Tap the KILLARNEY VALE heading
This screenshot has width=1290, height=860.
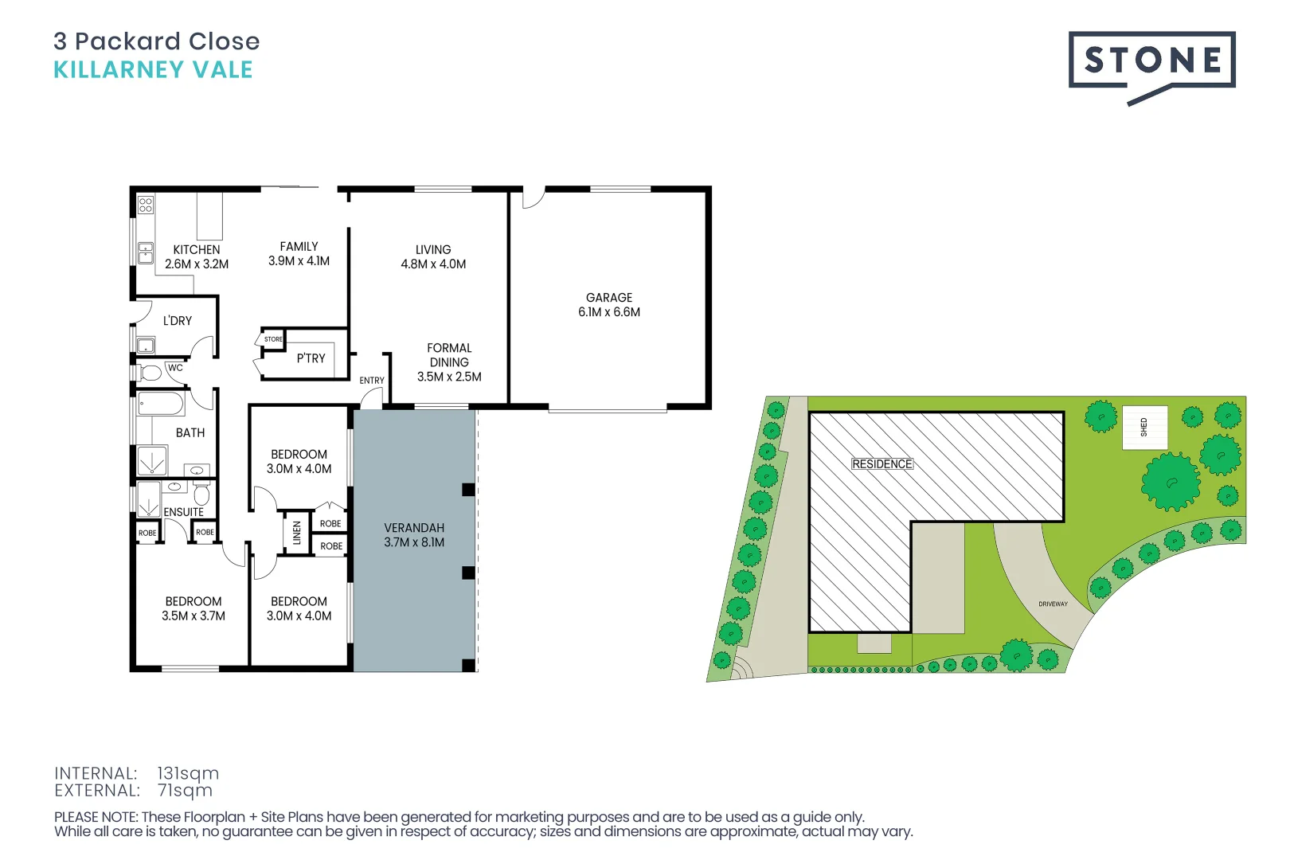point(153,70)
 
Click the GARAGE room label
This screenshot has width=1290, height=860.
point(609,298)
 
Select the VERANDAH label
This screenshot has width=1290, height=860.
point(414,528)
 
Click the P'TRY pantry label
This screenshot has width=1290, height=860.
point(311,358)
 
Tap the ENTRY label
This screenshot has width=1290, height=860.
point(372,381)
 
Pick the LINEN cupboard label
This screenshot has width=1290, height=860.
point(297,532)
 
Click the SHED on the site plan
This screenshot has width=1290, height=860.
point(1144,428)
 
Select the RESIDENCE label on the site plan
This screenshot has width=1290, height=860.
point(881,464)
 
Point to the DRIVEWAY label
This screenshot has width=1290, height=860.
point(1053,604)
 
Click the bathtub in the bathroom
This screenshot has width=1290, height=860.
point(162,404)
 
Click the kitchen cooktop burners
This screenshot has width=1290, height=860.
point(146,205)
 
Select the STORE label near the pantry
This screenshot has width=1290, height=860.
point(273,339)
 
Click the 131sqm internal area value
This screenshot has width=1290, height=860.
point(188,773)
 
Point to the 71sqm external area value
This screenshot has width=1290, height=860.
point(185,791)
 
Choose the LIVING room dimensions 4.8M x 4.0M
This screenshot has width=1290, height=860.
point(433,264)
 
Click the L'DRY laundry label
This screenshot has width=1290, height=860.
point(178,321)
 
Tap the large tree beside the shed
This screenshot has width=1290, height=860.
point(1170,481)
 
